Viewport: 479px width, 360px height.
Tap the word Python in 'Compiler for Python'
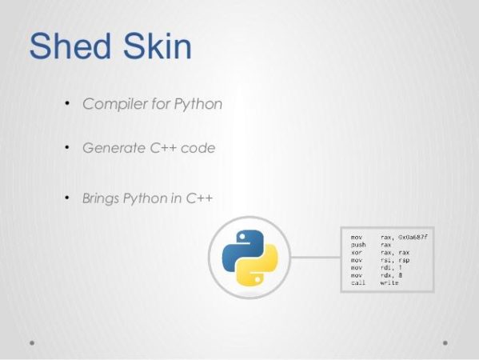point(200,105)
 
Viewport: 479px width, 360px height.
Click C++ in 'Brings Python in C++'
point(197,198)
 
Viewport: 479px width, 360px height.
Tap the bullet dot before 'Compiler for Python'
point(68,104)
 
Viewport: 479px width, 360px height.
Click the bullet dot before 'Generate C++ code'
point(68,148)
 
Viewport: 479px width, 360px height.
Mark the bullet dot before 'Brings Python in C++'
point(68,197)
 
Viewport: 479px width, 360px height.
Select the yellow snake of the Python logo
point(261,268)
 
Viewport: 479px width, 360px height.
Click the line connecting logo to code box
point(315,258)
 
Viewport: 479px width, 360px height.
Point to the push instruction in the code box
point(357,246)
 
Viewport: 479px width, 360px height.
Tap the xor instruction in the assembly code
point(357,253)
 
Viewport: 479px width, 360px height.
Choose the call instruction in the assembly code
point(357,282)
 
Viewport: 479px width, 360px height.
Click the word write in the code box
point(389,282)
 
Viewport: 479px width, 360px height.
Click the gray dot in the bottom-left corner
point(32,342)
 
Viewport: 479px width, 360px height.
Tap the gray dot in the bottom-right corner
point(445,342)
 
